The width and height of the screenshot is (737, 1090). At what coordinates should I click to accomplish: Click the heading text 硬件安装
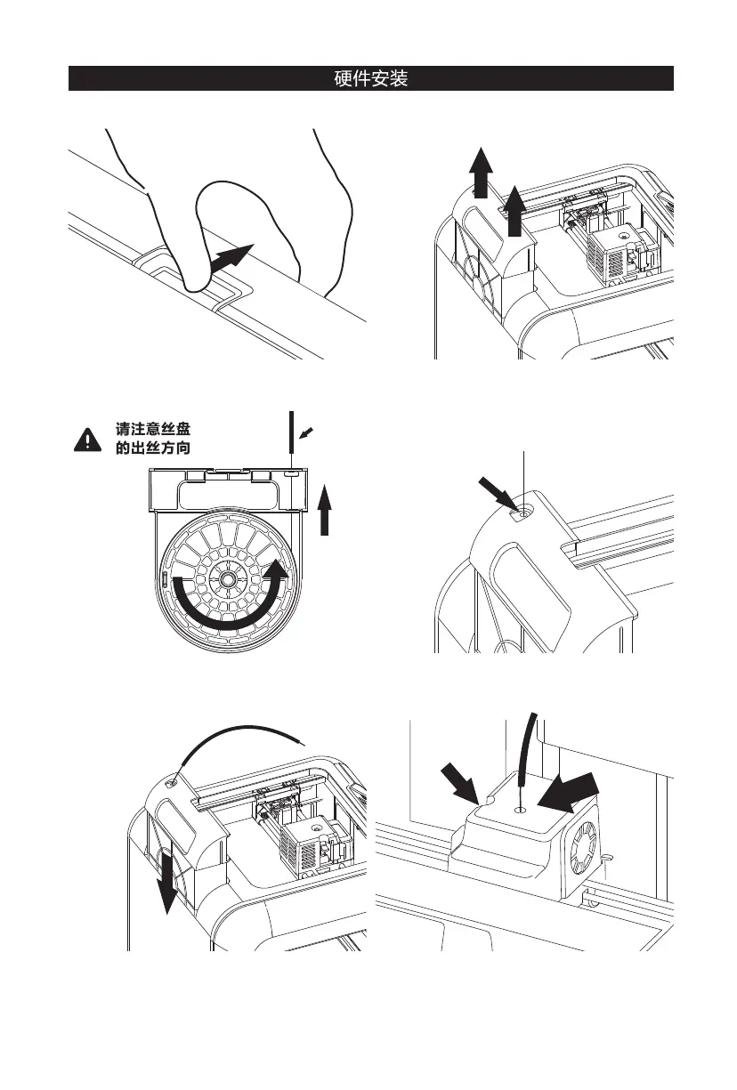(370, 78)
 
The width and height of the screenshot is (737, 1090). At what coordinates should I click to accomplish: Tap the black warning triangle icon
(87, 438)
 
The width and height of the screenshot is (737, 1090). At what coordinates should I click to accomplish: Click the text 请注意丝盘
(152, 429)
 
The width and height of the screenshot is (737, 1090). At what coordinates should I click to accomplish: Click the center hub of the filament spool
(230, 578)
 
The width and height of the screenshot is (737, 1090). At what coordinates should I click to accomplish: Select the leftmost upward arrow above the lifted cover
(481, 174)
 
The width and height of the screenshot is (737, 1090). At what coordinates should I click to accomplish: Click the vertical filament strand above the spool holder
(292, 436)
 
